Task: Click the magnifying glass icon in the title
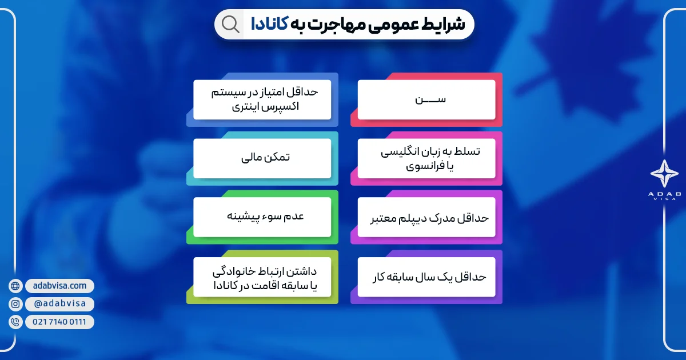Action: point(230,25)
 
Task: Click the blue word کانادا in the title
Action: point(269,25)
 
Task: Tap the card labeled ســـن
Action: point(426,99)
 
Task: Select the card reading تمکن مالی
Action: point(262,158)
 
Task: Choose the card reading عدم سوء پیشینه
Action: point(262,217)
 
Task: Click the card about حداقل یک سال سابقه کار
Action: point(426,277)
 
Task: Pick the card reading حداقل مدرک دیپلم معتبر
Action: point(426,218)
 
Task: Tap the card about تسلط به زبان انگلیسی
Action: point(426,158)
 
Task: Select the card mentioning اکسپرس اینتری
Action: point(262,99)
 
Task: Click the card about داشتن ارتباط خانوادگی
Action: point(262,277)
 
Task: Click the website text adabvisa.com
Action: point(59,286)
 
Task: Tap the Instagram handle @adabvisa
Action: point(59,304)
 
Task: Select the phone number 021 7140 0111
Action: point(59,322)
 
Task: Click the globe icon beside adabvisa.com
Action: point(15,286)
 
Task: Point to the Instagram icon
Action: point(15,304)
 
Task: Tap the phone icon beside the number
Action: point(15,322)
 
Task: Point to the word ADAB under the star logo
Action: point(664,195)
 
